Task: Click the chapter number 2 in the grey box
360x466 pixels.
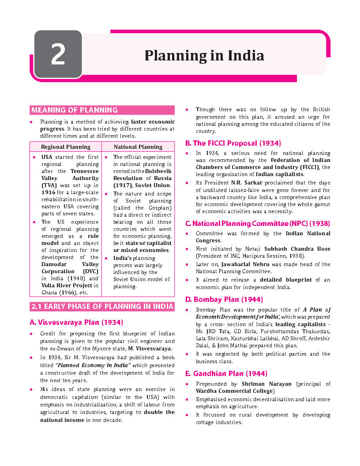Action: click(58, 55)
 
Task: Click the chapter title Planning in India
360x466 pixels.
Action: click(204, 56)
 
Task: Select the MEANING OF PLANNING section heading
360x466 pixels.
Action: click(74, 110)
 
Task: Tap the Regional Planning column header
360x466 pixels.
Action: click(65, 147)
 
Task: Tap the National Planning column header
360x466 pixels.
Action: click(138, 147)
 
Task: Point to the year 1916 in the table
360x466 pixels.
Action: click(49, 193)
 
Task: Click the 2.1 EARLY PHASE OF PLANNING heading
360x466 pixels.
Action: click(102, 307)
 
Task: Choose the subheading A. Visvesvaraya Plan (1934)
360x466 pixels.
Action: click(76, 322)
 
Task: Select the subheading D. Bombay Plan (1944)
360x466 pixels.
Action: click(224, 300)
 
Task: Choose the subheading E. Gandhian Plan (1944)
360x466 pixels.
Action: click(226, 374)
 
